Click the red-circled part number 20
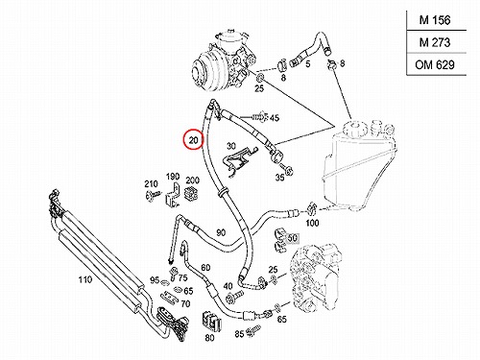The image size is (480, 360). [193, 139]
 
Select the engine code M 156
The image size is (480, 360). [435, 20]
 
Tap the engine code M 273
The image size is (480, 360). [435, 42]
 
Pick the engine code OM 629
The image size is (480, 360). [435, 64]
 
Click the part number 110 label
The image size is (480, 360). [85, 279]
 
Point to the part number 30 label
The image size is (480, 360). [231, 146]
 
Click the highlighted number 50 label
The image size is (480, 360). [293, 238]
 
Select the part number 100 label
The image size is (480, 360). [312, 223]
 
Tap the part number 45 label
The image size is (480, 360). [275, 118]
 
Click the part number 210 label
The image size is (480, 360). [151, 183]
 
